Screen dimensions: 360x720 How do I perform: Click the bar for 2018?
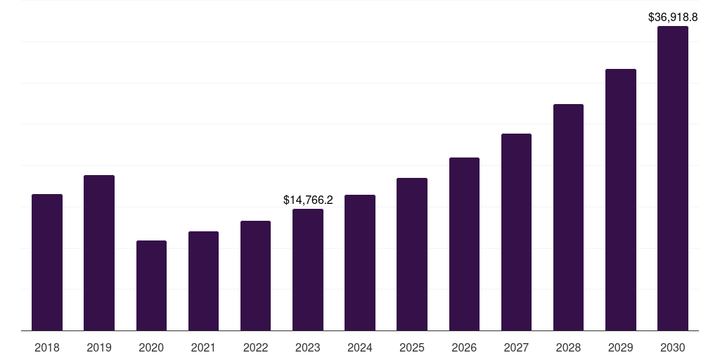pos(47,262)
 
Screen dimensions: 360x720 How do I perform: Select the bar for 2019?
pos(99,253)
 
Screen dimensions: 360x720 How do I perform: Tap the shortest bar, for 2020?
pos(151,285)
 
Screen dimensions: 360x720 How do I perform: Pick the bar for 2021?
pos(203,281)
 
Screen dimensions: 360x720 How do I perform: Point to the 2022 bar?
pos(255,276)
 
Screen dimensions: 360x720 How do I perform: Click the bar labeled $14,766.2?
pos(308,270)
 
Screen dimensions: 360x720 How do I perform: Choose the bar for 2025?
pos(412,255)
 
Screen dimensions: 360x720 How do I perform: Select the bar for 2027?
pos(516,232)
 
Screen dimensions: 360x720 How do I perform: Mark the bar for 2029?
pos(620,200)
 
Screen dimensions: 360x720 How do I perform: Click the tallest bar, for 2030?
pos(673,179)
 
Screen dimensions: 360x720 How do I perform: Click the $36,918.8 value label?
pos(673,17)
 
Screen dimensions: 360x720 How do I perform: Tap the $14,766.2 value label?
pos(308,200)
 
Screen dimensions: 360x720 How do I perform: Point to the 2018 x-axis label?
pos(47,347)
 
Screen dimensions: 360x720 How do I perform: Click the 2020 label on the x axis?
pos(151,347)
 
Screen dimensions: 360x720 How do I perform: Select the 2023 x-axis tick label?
pos(308,347)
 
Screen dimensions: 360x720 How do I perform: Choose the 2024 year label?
pos(360,347)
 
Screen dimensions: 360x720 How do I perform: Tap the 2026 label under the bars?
pos(464,347)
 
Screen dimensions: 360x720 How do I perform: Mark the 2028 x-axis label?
pos(568,347)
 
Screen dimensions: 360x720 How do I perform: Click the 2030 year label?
pos(673,347)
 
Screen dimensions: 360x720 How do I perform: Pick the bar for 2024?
pos(360,263)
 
